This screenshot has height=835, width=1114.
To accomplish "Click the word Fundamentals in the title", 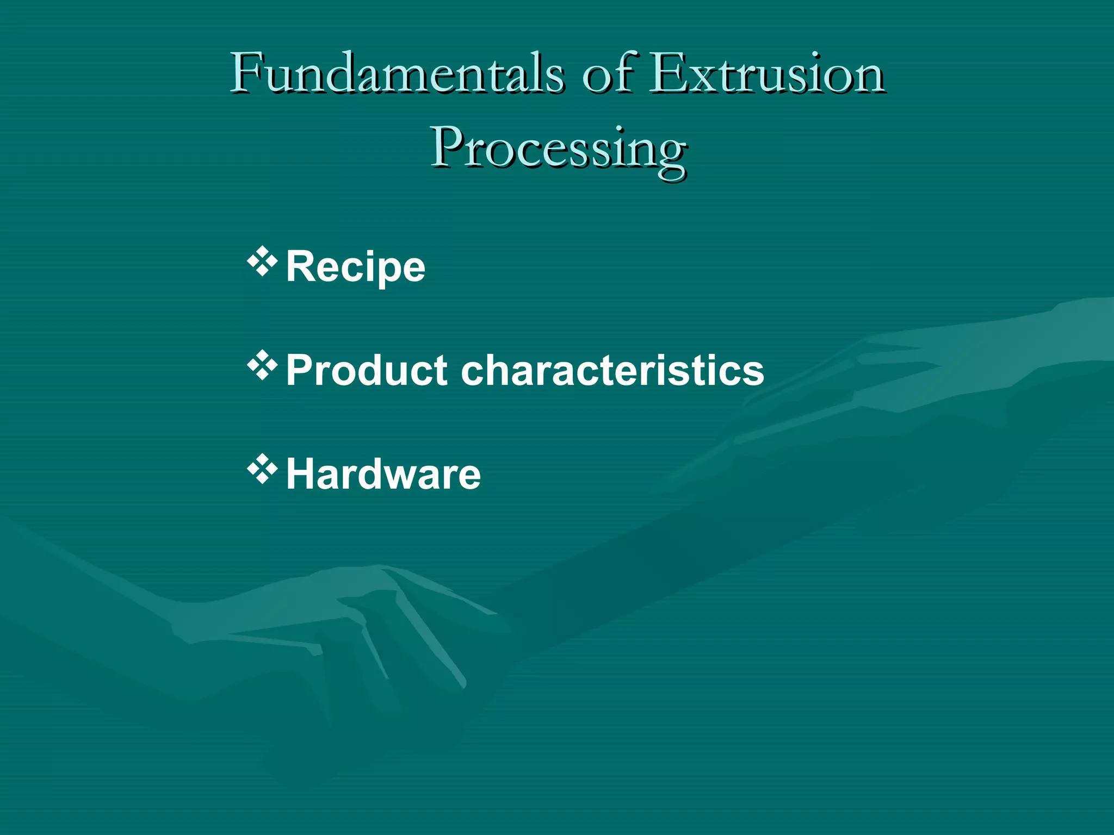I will [397, 73].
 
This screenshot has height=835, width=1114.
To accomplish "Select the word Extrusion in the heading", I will [767, 73].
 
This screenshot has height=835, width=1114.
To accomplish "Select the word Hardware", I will [383, 474].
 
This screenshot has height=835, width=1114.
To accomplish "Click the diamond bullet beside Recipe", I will [263, 261].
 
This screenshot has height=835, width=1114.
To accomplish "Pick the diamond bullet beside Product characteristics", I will [263, 365].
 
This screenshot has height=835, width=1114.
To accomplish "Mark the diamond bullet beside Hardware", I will [263, 469].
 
